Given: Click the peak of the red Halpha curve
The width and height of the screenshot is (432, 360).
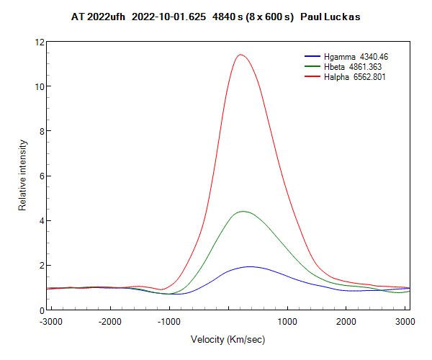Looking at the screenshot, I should pyautogui.click(x=240, y=55).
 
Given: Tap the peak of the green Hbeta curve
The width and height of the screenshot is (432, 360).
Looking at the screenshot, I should pyautogui.click(x=243, y=211).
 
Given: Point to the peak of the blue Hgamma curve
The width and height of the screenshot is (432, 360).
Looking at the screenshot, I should pyautogui.click(x=250, y=266).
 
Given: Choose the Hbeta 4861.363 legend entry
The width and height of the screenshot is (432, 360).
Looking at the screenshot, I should pyautogui.click(x=355, y=66).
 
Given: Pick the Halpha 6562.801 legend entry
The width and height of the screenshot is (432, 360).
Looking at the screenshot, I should pyautogui.click(x=355, y=77).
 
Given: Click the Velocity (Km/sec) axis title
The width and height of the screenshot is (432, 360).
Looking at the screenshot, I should pyautogui.click(x=228, y=338).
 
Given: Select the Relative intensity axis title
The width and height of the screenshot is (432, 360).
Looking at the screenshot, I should pyautogui.click(x=22, y=176).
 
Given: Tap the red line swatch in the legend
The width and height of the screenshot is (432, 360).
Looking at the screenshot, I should pyautogui.click(x=312, y=77).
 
